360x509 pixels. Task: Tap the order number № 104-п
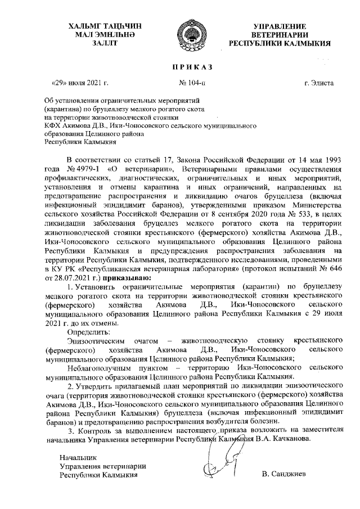pos(192,83)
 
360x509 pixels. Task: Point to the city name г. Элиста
pos(318,83)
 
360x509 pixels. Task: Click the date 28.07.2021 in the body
pos(62,277)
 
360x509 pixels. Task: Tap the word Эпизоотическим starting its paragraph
pos(95,341)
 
